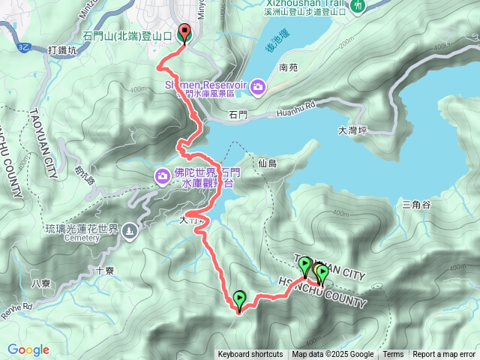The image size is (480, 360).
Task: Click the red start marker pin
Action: pyautogui.click(x=185, y=33)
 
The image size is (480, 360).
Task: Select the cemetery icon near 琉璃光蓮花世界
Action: pyautogui.click(x=130, y=229)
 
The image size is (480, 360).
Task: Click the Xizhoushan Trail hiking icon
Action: pyautogui.click(x=358, y=5)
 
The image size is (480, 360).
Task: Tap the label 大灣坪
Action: pyautogui.click(x=352, y=130)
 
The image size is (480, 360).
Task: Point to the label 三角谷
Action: pyautogui.click(x=417, y=204)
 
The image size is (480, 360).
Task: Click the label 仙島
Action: pyautogui.click(x=267, y=163)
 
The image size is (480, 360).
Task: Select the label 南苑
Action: pyautogui.click(x=288, y=67)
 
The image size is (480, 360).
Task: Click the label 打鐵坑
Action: pyautogui.click(x=62, y=49)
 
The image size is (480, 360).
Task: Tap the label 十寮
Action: pyautogui.click(x=105, y=271)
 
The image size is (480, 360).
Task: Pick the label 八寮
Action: pyautogui.click(x=42, y=283)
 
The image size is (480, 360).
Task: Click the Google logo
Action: pyautogui.click(x=28, y=349)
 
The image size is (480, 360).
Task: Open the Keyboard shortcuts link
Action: pyautogui.click(x=250, y=355)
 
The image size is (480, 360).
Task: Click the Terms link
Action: pyautogui.click(x=393, y=355)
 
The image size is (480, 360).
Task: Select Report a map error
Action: pyautogui.click(x=444, y=355)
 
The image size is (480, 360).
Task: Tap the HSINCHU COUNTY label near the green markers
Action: pyautogui.click(x=322, y=292)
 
